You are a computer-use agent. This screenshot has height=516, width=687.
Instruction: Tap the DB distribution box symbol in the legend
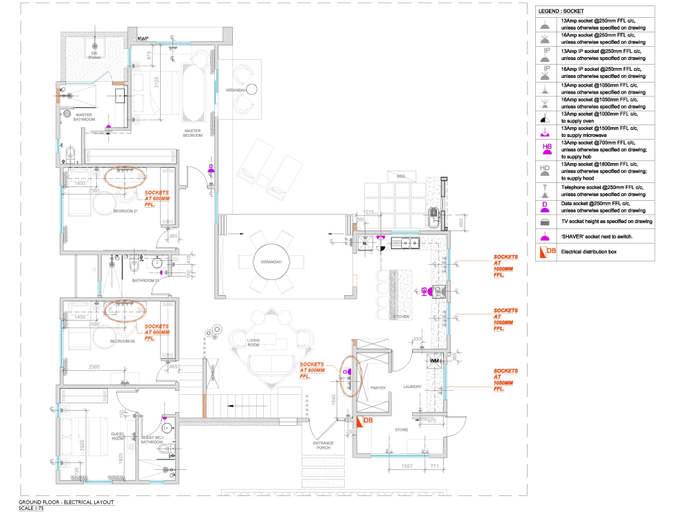[x=547, y=252]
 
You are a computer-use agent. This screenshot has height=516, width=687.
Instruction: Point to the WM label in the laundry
[x=433, y=360]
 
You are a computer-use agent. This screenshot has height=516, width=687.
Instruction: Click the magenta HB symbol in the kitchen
[x=425, y=290]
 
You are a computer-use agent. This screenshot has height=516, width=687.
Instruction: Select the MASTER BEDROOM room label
[x=192, y=133]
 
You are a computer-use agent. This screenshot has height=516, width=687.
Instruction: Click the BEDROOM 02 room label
[x=124, y=341]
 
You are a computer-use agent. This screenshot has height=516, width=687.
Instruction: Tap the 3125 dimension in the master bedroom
[x=157, y=83]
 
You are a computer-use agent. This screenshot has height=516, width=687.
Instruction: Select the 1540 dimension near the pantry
[x=334, y=400]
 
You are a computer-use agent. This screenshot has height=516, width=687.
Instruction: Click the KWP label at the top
[x=144, y=39]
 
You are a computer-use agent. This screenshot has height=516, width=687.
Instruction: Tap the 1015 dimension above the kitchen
[x=368, y=212]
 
